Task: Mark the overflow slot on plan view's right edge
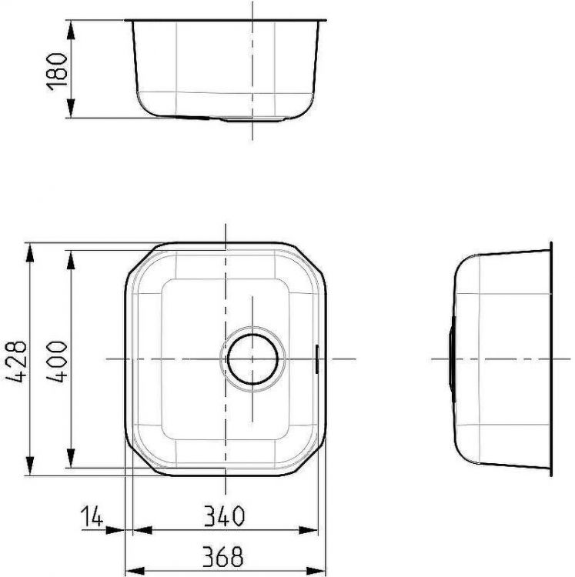[x=318, y=359]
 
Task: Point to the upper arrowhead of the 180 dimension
[x=72, y=28]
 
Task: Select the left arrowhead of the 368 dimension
[x=132, y=567]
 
